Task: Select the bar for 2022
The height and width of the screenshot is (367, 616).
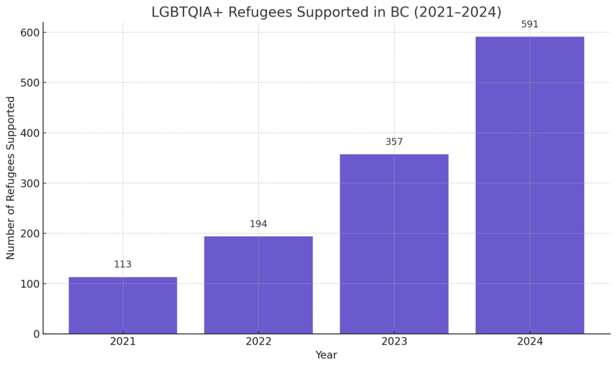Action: tap(258, 285)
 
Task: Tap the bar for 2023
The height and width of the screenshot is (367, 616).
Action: tap(394, 244)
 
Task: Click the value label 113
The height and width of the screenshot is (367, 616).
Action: tap(123, 264)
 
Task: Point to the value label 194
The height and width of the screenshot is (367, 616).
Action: tap(258, 224)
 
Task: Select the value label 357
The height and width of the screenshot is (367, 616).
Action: tap(394, 142)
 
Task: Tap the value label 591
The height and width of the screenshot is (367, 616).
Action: tap(529, 25)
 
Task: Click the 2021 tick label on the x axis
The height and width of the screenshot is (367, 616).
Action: tap(123, 341)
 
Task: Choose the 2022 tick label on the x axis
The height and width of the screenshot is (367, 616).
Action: tap(258, 341)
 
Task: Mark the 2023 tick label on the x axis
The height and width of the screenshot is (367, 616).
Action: tap(394, 341)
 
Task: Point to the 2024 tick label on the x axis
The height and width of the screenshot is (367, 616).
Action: tap(529, 341)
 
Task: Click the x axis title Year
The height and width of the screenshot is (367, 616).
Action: tap(326, 355)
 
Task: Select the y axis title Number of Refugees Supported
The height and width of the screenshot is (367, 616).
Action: tap(11, 177)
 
